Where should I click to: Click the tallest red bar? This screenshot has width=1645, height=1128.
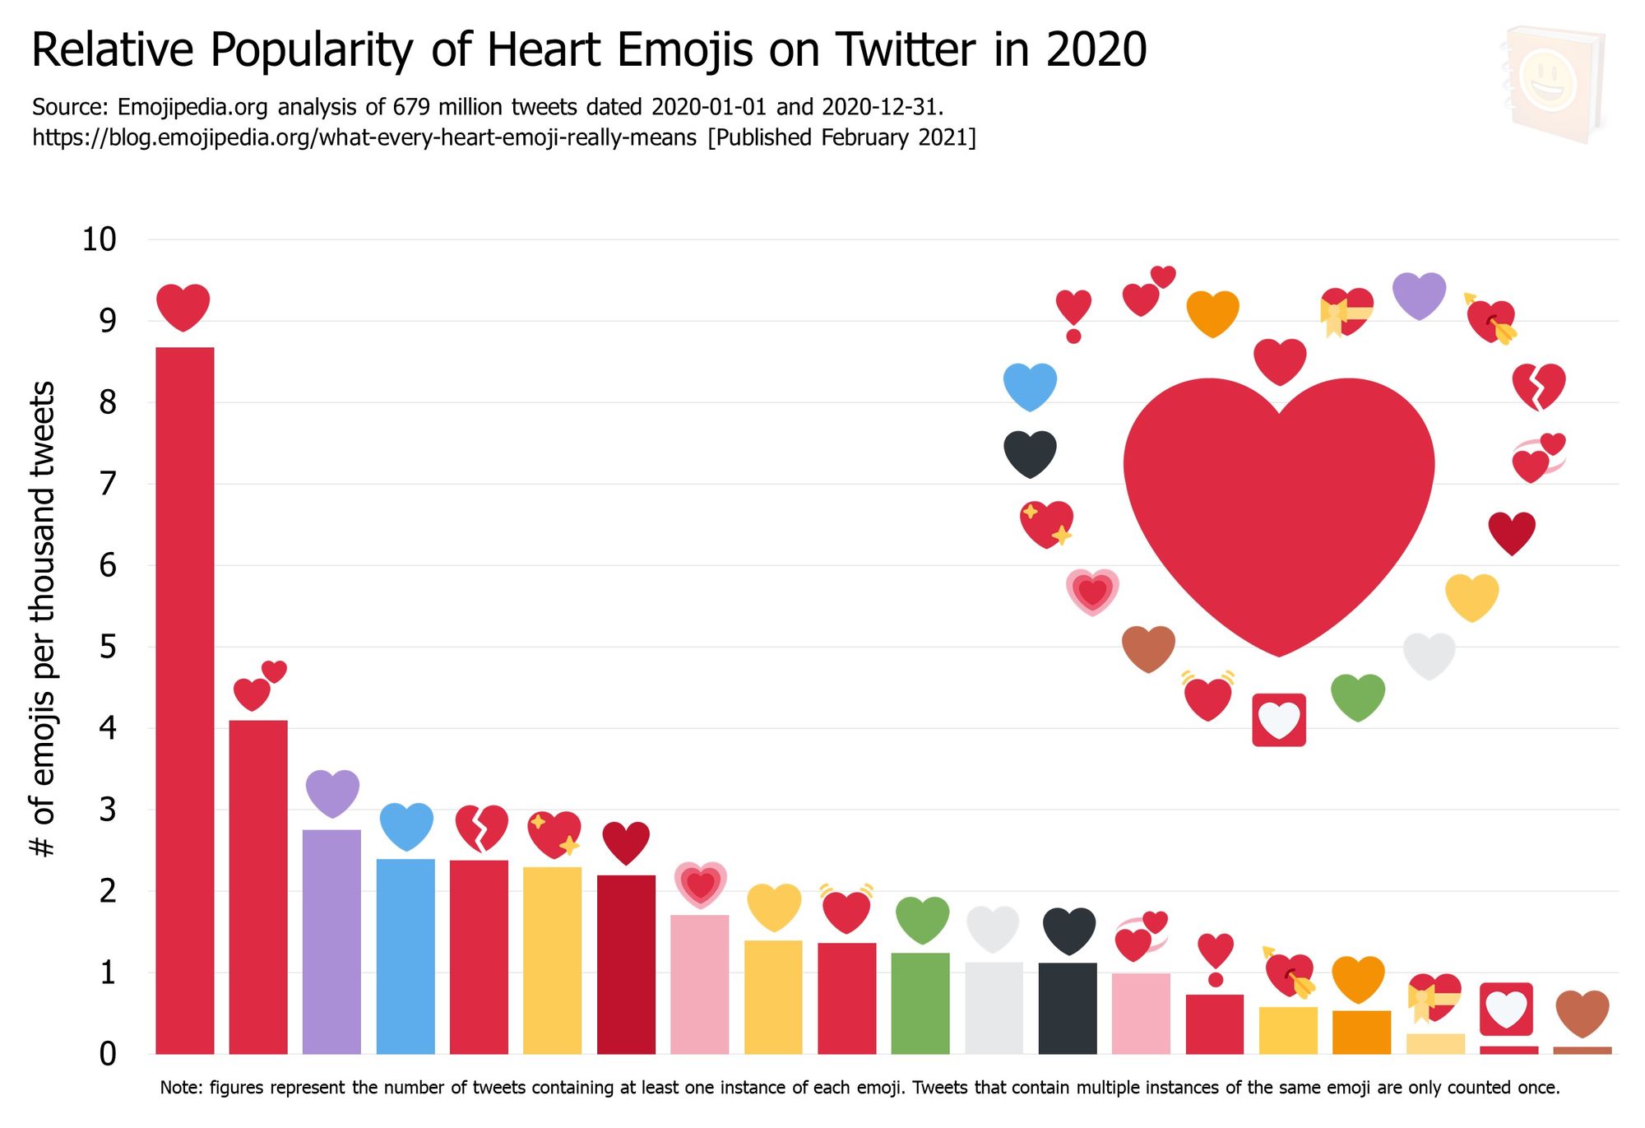pos(185,699)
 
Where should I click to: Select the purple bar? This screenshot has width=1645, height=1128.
pos(331,941)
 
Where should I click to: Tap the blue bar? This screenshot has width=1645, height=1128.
pos(405,956)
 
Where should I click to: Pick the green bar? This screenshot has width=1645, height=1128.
pos(920,1003)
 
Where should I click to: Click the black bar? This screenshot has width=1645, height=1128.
pos(1068,1008)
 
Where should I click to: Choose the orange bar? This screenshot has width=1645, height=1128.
pos(1361,1032)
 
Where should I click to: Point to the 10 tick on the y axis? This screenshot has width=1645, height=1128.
pos(100,239)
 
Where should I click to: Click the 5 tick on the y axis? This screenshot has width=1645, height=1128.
pos(108,647)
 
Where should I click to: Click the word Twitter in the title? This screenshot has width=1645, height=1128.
pos(906,49)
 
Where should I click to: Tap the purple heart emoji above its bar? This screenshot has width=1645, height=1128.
pos(332,792)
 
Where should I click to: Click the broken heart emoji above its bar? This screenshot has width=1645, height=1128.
pos(482,828)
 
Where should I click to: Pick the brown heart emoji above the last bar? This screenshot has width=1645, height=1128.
pos(1582,1013)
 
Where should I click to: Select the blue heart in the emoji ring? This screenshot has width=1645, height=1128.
pos(1030,386)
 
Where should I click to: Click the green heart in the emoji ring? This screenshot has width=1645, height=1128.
pos(1358,697)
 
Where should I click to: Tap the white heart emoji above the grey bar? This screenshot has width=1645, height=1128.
pos(994,929)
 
